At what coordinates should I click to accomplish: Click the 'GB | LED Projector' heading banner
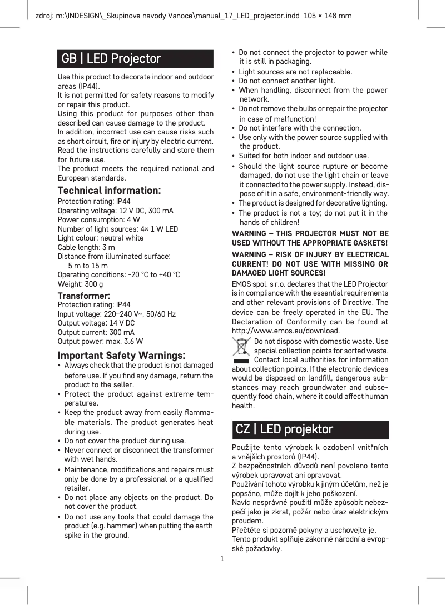[x=135, y=59]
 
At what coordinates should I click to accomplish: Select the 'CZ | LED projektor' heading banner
[x=310, y=429]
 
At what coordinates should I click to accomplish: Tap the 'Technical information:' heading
[x=110, y=191]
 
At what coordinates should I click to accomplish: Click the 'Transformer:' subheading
[x=84, y=296]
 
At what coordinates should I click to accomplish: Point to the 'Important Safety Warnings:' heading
[x=122, y=355]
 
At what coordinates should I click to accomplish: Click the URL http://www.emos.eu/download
[x=285, y=332]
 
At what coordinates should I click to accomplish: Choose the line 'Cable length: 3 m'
[x=87, y=247]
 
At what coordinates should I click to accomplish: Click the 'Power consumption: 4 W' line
[x=98, y=219]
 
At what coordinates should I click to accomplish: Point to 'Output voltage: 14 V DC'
[x=96, y=323]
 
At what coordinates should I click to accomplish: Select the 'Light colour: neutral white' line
[x=101, y=238]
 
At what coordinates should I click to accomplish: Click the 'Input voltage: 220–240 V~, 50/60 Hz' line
[x=117, y=314]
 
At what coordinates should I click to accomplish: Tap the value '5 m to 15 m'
[x=88, y=266]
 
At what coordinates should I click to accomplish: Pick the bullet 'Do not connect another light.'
[x=287, y=81]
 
